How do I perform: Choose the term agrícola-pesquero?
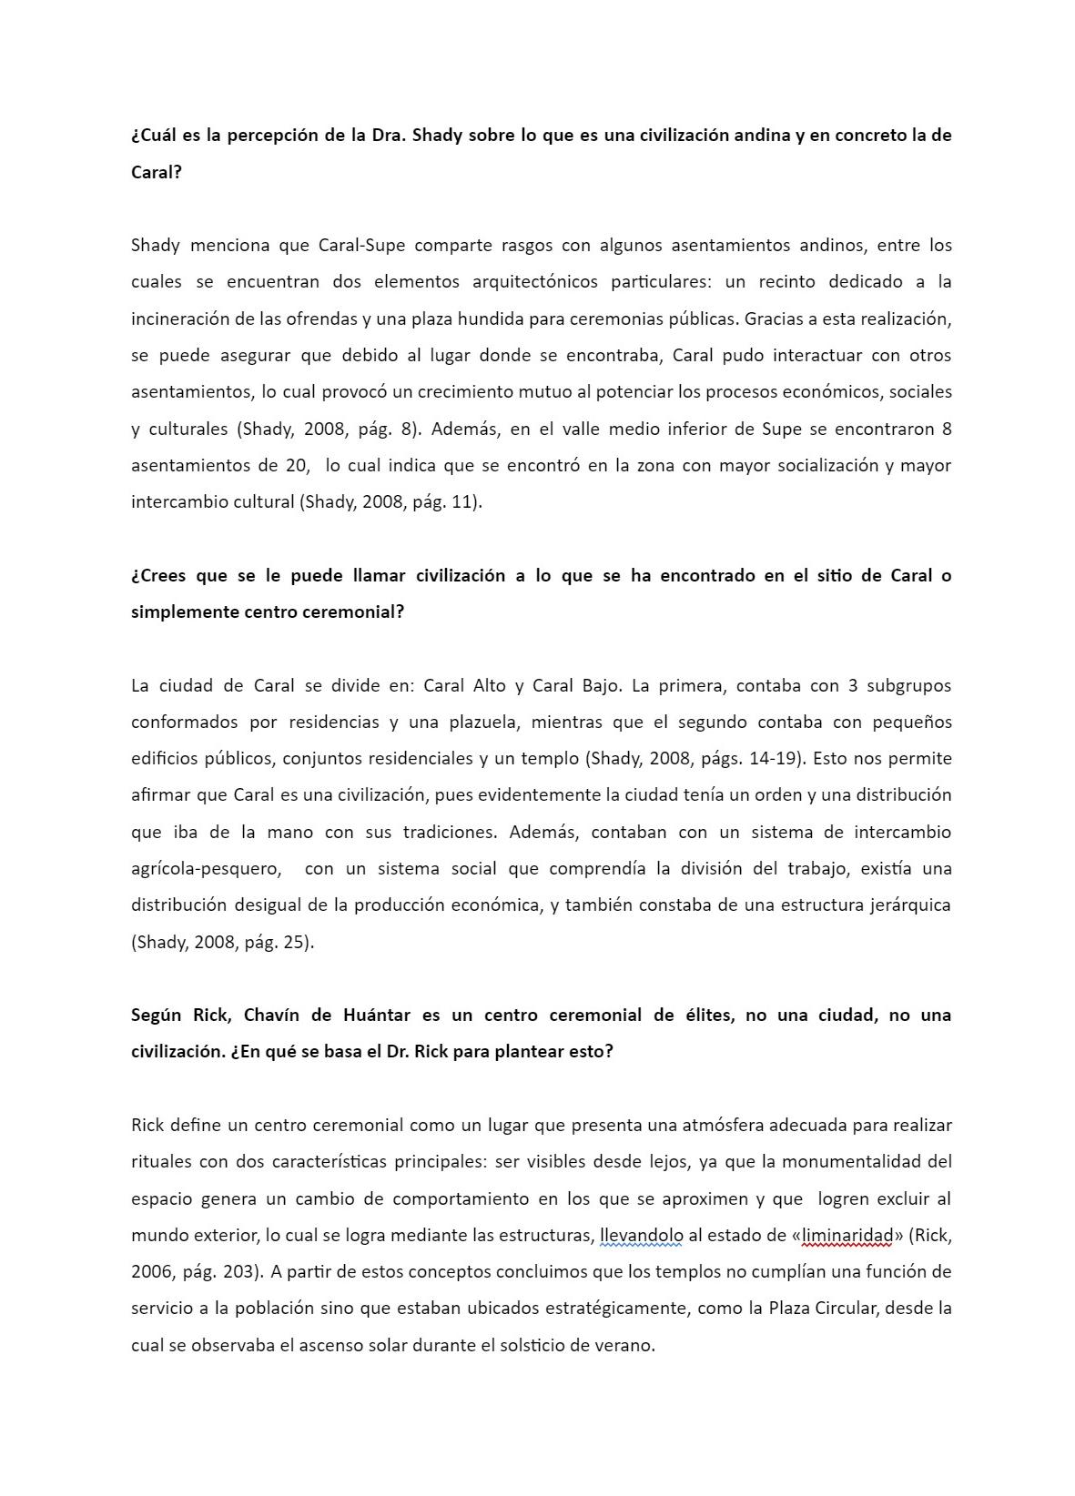pos(206,868)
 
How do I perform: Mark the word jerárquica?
pos(907,905)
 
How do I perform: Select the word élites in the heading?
pos(709,1015)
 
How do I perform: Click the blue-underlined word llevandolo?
pos(642,1235)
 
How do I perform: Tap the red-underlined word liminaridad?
pos(847,1235)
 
